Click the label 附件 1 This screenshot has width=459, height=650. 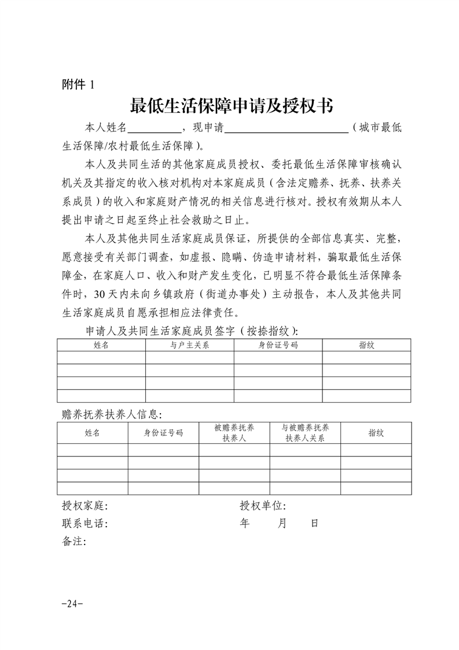[x=77, y=84]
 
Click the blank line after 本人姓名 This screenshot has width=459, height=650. [x=153, y=129]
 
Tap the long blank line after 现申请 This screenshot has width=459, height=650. [x=286, y=129]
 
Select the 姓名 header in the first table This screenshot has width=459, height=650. [x=101, y=345]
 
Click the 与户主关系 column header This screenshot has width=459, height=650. [x=189, y=345]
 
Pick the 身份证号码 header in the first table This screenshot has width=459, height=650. [x=278, y=345]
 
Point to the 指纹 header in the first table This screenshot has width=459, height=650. [x=366, y=345]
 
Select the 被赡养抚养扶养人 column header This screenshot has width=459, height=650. [x=234, y=433]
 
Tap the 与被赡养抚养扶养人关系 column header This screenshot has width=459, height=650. [x=305, y=433]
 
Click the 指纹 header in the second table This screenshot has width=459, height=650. [x=376, y=433]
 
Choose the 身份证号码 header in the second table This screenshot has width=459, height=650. [x=164, y=433]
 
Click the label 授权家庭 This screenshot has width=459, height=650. [x=85, y=506]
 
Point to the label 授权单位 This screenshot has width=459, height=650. [x=263, y=506]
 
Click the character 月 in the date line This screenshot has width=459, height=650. [x=282, y=523]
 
